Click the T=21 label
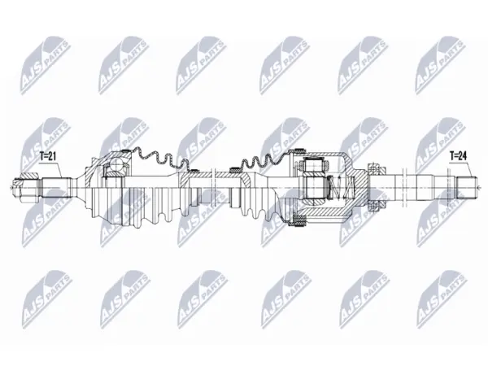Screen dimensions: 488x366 coord(48,156)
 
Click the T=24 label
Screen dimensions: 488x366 coord(459,156)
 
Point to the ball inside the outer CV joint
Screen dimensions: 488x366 coord(117,163)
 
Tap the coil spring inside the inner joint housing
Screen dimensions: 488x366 coord(339,187)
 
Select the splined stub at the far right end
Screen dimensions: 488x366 coord(466,188)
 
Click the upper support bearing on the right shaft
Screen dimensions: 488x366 coord(377,170)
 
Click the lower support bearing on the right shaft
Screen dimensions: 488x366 coord(377,206)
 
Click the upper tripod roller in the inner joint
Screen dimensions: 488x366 coord(314,166)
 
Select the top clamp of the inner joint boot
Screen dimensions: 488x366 coord(298,150)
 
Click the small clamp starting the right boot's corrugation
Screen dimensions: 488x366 coord(234,170)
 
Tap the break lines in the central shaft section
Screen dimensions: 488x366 coord(213,188)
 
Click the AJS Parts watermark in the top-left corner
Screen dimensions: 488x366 coord(46,64)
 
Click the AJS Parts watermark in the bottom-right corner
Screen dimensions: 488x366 coord(442,299)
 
